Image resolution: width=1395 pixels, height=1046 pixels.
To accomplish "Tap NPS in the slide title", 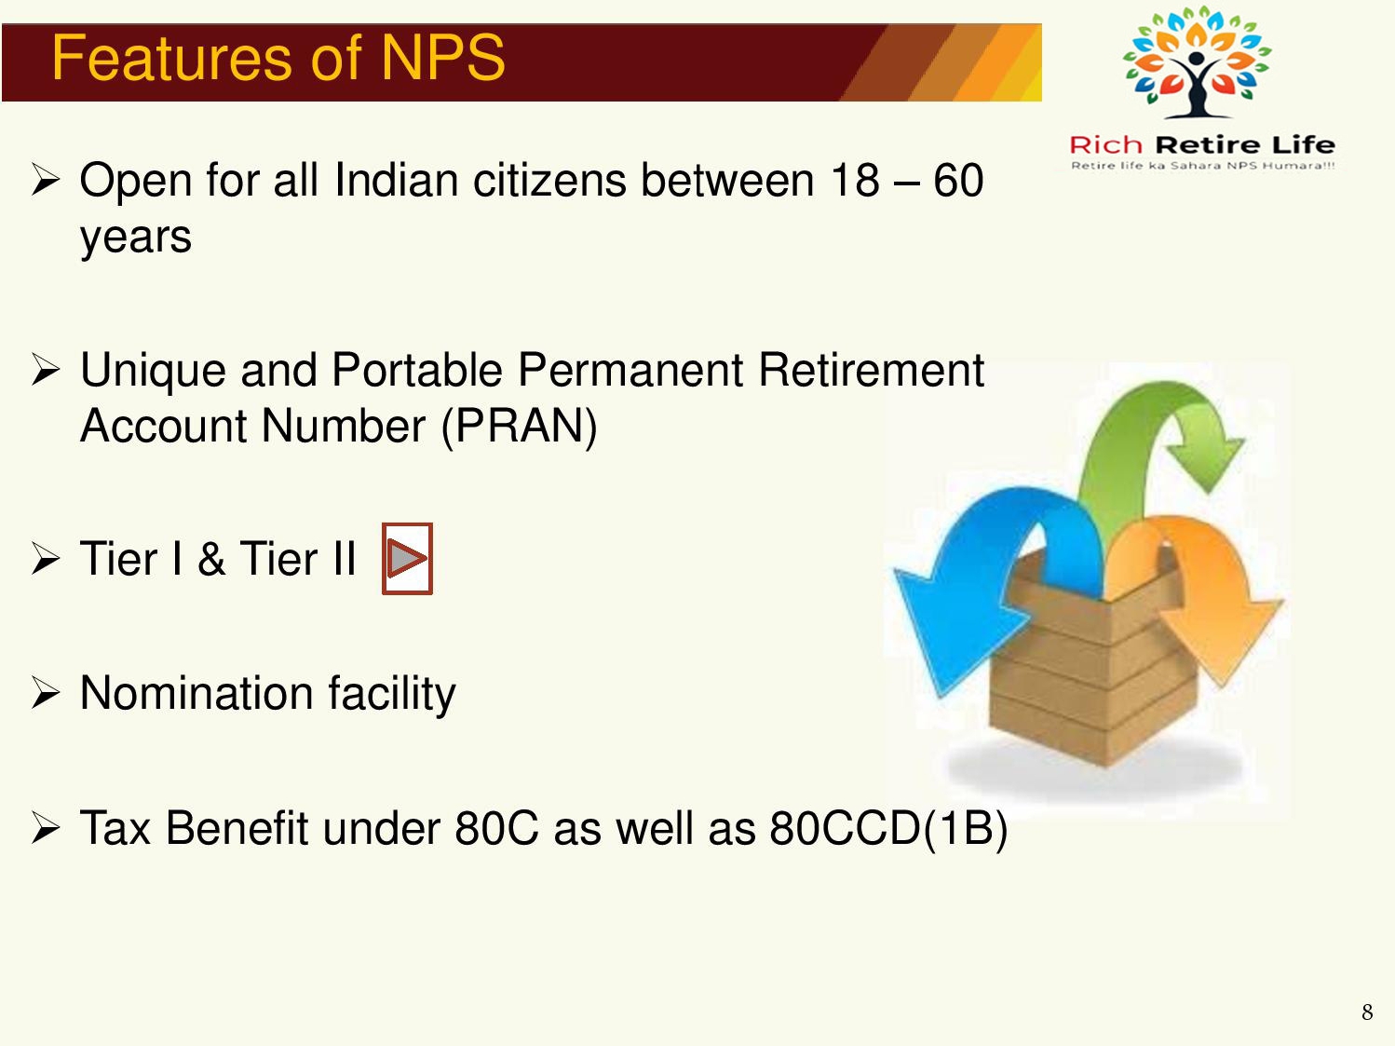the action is click(442, 58).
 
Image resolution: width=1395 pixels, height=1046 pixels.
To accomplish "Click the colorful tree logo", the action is click(1197, 61).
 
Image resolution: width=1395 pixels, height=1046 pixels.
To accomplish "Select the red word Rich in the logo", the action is click(1105, 145).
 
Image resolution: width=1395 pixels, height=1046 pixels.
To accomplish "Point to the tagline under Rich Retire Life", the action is click(1202, 166).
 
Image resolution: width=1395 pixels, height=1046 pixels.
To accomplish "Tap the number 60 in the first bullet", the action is click(958, 181).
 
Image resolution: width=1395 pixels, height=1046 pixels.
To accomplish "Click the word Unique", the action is click(153, 371).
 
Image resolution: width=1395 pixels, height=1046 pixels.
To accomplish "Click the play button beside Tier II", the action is click(407, 559).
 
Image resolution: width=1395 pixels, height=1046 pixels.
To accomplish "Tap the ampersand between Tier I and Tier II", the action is click(211, 559).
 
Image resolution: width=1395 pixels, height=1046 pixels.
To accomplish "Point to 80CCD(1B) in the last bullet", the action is click(888, 829).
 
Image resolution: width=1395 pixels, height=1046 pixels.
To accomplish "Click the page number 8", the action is click(1368, 1012).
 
